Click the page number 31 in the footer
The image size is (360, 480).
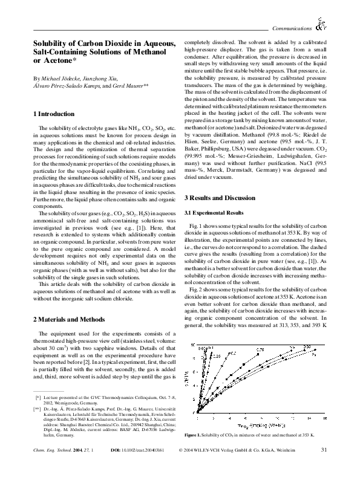(x=324, y=466)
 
